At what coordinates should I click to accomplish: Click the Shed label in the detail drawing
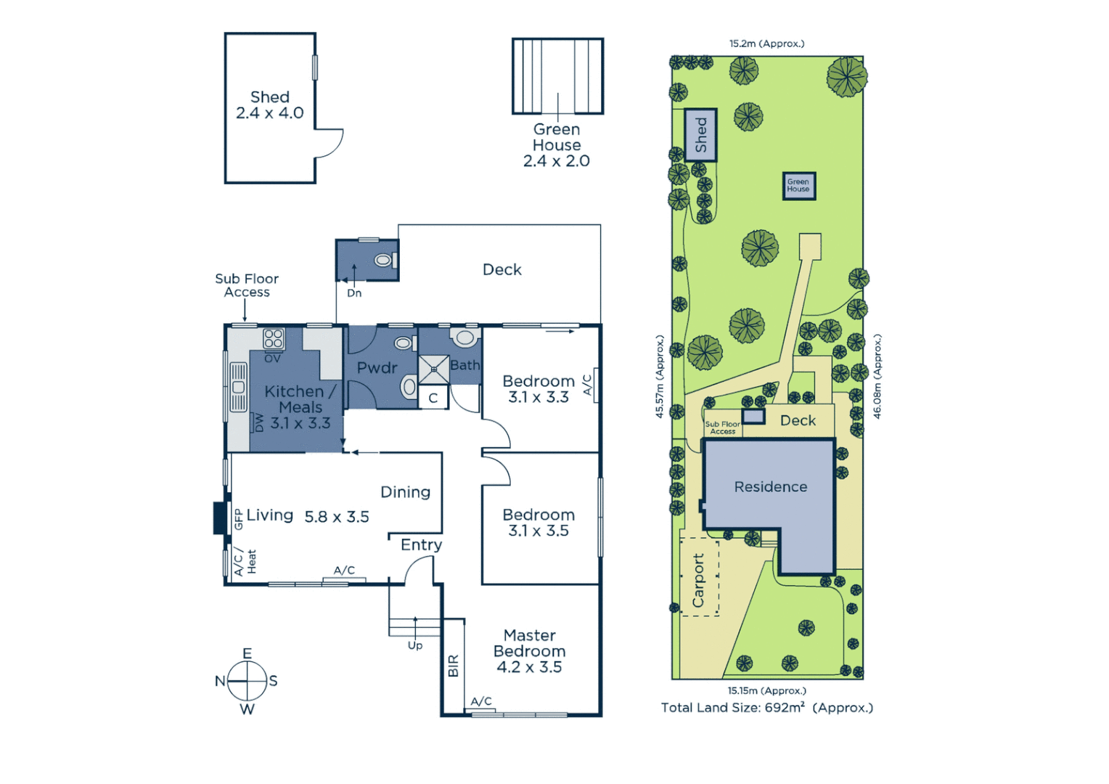pyautogui.click(x=269, y=97)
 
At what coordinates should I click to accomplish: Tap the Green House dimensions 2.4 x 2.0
pyautogui.click(x=556, y=161)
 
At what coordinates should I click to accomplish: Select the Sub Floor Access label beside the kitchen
pyautogui.click(x=247, y=285)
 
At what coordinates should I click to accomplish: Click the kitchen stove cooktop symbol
pyautogui.click(x=274, y=338)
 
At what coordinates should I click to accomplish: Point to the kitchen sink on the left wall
pyautogui.click(x=238, y=387)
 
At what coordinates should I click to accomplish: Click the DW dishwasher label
pyautogui.click(x=258, y=422)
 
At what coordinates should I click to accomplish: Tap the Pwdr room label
pyautogui.click(x=377, y=368)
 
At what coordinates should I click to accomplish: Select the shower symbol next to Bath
pyautogui.click(x=434, y=369)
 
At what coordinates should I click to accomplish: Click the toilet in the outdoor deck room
pyautogui.click(x=384, y=260)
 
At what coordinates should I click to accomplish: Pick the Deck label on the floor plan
pyautogui.click(x=502, y=269)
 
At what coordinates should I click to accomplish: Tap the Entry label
pyautogui.click(x=421, y=544)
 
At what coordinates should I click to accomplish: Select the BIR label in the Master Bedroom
pyautogui.click(x=454, y=666)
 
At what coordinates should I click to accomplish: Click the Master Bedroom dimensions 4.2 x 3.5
pyautogui.click(x=529, y=667)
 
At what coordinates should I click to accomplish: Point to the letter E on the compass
pyautogui.click(x=247, y=653)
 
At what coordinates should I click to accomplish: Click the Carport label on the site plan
pyautogui.click(x=698, y=580)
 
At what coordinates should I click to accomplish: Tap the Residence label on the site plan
pyautogui.click(x=770, y=487)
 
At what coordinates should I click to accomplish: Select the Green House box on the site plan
pyautogui.click(x=798, y=186)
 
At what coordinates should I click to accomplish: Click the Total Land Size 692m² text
pyautogui.click(x=766, y=708)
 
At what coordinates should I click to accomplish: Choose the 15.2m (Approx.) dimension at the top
pyautogui.click(x=766, y=44)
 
